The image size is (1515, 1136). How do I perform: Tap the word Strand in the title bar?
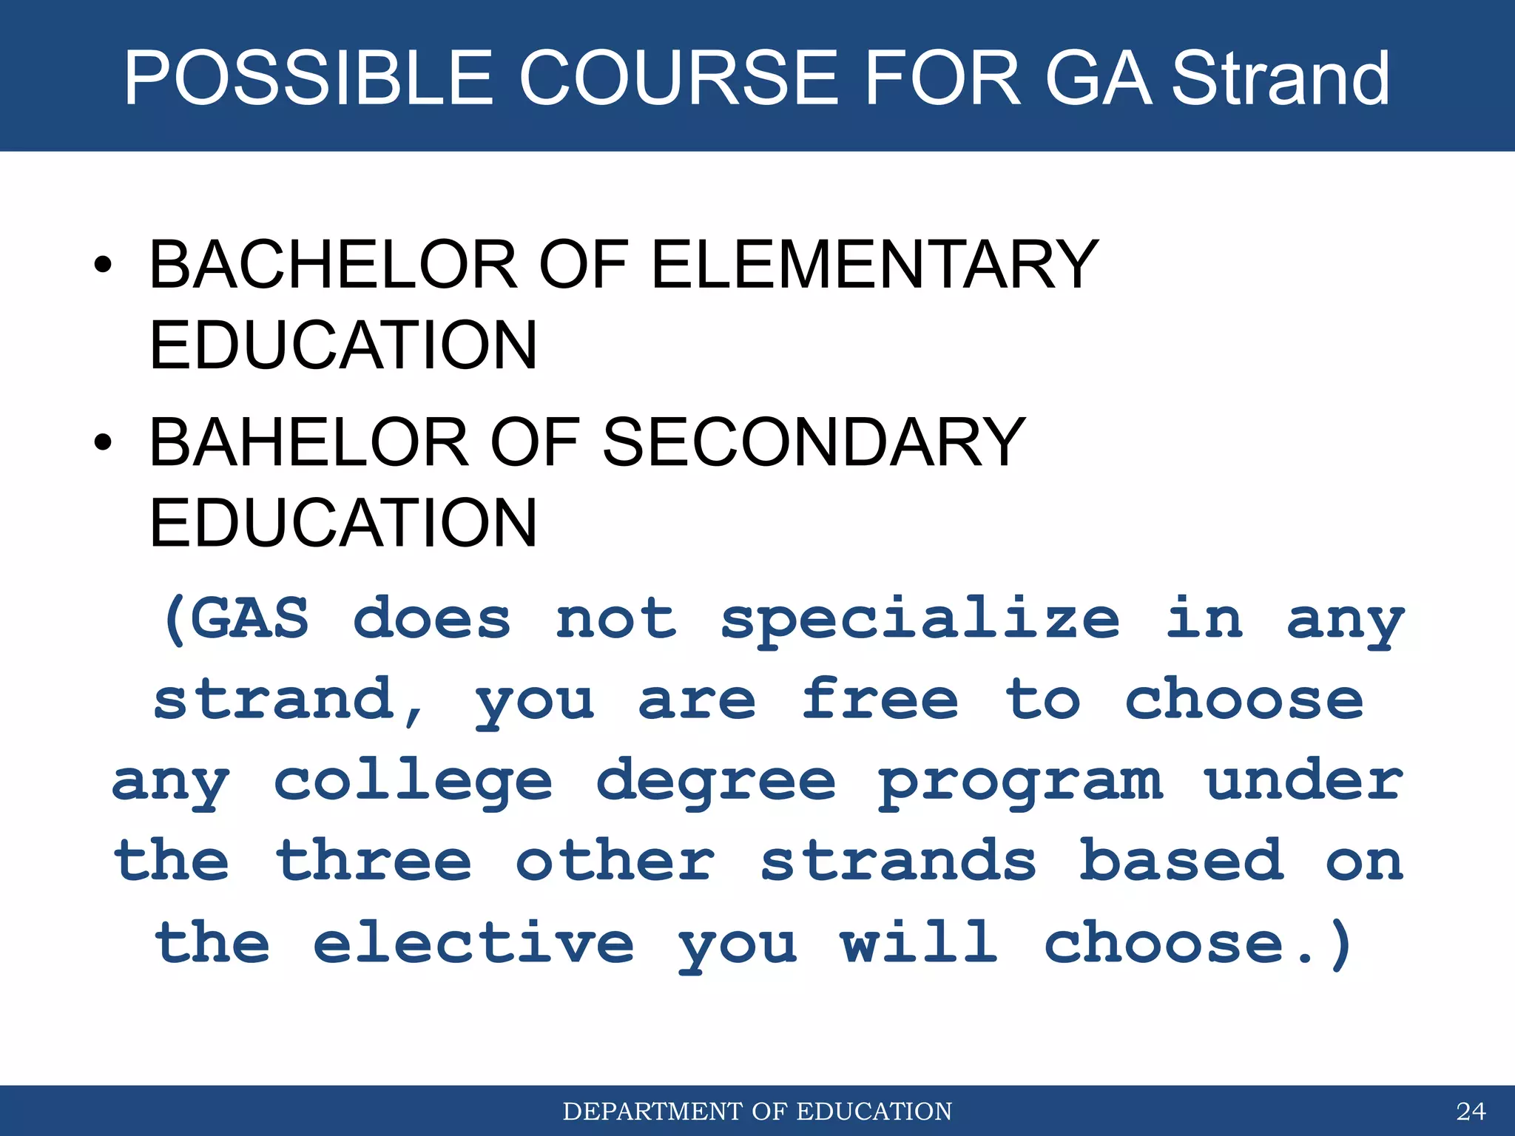pyautogui.click(x=1281, y=78)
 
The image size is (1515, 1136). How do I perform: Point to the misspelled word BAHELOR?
pyautogui.click(x=309, y=442)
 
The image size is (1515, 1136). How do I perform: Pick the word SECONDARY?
pyautogui.click(x=814, y=442)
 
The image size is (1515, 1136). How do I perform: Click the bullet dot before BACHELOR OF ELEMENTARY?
pyautogui.click(x=103, y=266)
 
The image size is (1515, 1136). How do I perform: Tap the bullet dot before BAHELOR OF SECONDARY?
pyautogui.click(x=103, y=443)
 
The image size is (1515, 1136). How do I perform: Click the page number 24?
pyautogui.click(x=1471, y=1112)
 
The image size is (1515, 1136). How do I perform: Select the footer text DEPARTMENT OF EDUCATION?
pyautogui.click(x=757, y=1112)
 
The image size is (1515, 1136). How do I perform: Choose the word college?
pyautogui.click(x=413, y=782)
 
